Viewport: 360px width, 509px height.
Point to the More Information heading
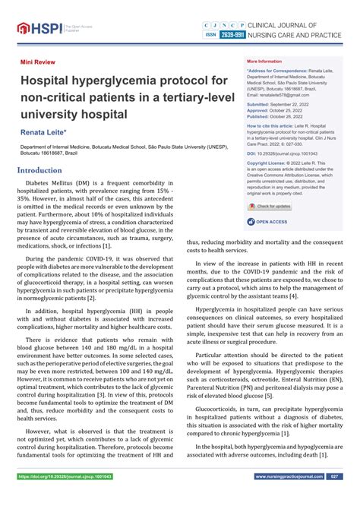(264, 61)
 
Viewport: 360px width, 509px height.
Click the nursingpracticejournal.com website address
(286, 498)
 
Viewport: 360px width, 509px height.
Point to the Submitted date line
(278, 103)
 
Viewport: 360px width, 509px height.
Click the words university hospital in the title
(74, 114)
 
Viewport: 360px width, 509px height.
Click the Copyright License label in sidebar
(267, 163)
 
